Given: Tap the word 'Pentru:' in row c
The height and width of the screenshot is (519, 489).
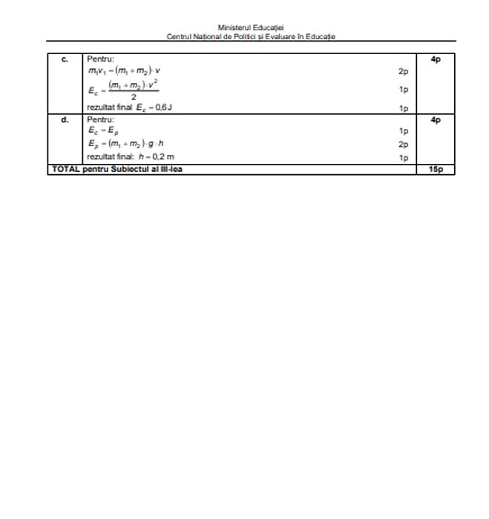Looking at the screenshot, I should (101, 59).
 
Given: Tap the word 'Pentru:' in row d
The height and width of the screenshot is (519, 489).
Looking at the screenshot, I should (101, 119).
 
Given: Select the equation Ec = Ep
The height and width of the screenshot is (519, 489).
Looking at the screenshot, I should (100, 130).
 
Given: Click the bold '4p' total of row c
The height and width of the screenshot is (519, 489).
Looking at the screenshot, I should (436, 59).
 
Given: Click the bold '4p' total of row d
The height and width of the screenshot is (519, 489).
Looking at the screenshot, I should (436, 119).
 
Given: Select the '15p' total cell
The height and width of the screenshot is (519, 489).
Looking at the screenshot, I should (436, 170).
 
